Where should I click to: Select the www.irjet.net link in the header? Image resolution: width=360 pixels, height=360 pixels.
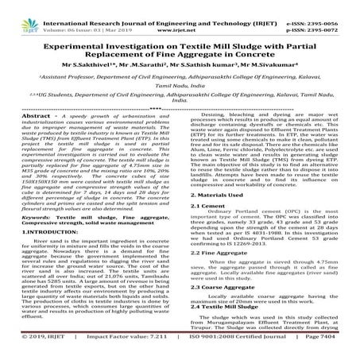179,14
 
